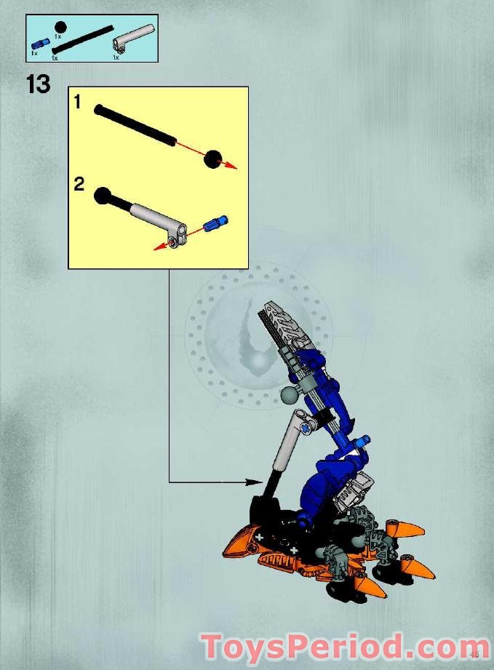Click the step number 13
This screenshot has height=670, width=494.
point(39,84)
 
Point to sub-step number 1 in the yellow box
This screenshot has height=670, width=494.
point(78,103)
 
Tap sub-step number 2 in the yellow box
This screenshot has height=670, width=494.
point(79,184)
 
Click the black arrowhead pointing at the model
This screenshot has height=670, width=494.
point(255,481)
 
